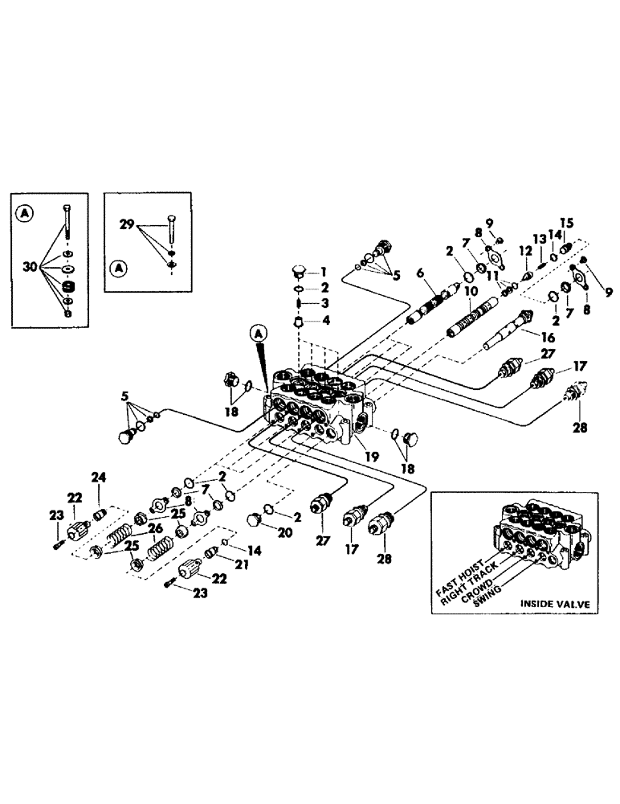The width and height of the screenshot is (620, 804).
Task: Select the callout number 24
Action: [100, 478]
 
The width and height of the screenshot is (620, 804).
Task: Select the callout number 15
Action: [566, 222]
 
